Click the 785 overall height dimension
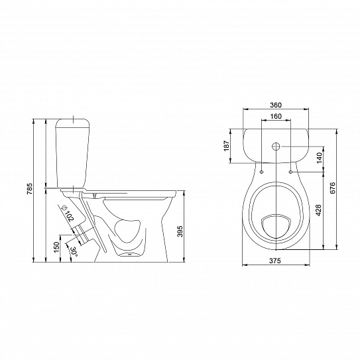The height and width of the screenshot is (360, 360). pyautogui.click(x=30, y=189)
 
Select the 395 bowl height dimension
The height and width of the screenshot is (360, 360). pyautogui.click(x=180, y=231)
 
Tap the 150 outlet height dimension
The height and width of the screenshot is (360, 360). pyautogui.click(x=56, y=247)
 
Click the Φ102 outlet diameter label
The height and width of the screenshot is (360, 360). pyautogui.click(x=67, y=213)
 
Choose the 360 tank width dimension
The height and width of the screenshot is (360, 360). pyautogui.click(x=276, y=105)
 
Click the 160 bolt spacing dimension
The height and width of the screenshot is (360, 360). pyautogui.click(x=276, y=116)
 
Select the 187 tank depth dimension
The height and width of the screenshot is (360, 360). pyautogui.click(x=226, y=145)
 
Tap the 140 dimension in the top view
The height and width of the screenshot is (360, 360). pyautogui.click(x=320, y=158)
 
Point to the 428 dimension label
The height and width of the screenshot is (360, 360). pyautogui.click(x=318, y=210)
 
